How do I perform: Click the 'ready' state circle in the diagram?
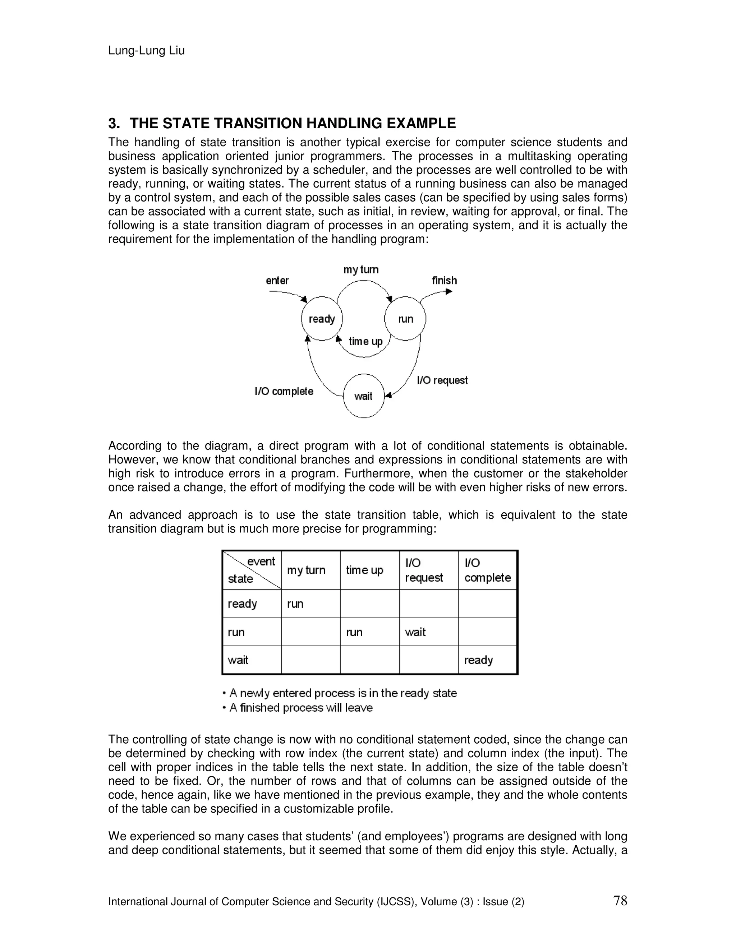point(322,319)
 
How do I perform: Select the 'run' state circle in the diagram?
point(405,319)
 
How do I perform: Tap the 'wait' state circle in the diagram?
point(364,396)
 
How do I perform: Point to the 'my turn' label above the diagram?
point(361,269)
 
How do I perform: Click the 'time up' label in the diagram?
point(365,341)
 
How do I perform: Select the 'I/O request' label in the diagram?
point(442,380)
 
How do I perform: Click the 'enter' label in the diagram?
point(277,280)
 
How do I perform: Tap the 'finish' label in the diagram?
point(444,280)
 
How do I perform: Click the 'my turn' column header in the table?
point(306,570)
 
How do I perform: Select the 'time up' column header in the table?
point(364,570)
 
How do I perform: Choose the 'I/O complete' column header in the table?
point(487,570)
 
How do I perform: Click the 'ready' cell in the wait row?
point(478,660)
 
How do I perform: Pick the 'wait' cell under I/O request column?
point(415,632)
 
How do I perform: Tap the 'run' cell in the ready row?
point(295,604)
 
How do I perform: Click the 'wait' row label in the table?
point(238,660)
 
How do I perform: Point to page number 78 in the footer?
point(620,901)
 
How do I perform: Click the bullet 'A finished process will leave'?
point(301,707)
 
